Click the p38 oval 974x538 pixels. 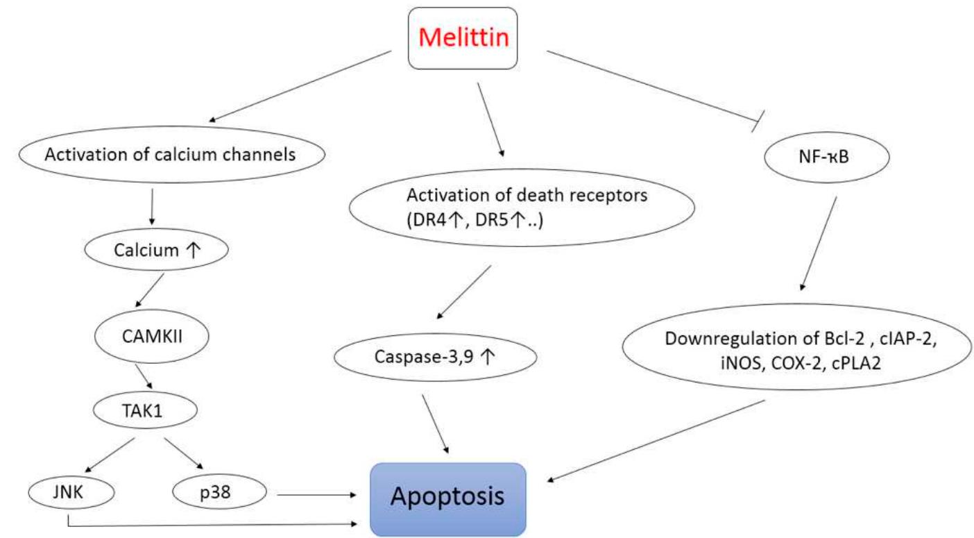click(x=219, y=494)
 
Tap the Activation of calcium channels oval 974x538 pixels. click(x=170, y=154)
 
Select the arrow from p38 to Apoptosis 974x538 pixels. click(x=317, y=495)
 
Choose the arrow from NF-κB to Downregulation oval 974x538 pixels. click(x=819, y=243)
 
